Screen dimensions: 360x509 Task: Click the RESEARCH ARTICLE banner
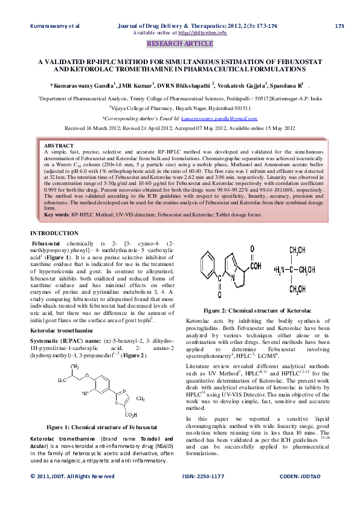(x=180, y=44)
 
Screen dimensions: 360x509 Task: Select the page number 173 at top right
(x=339, y=26)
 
